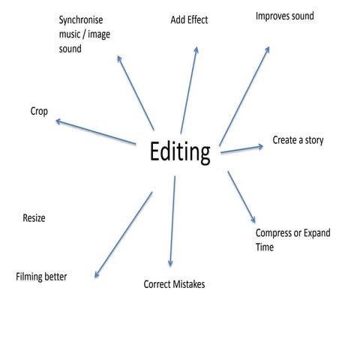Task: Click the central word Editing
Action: pyautogui.click(x=180, y=152)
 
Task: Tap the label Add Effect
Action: pyautogui.click(x=189, y=20)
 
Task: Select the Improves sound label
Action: pyautogui.click(x=285, y=16)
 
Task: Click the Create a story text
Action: pyautogui.click(x=298, y=140)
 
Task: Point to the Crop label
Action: pyautogui.click(x=39, y=112)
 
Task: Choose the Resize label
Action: pyautogui.click(x=34, y=218)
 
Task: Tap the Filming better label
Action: pyautogui.click(x=41, y=277)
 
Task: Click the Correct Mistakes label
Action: pyautogui.click(x=174, y=284)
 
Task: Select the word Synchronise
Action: pyautogui.click(x=81, y=20)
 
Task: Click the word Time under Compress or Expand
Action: pyautogui.click(x=265, y=247)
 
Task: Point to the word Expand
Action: pyautogui.click(x=317, y=233)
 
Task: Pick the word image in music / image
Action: pyautogui.click(x=99, y=34)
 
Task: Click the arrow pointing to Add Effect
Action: pyautogui.click(x=189, y=90)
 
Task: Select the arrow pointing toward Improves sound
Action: pyautogui.click(x=244, y=96)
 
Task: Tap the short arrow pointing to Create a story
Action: pyautogui.click(x=241, y=149)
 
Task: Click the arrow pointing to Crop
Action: pyautogui.click(x=95, y=132)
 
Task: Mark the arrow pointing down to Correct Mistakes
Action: pyautogui.click(x=172, y=221)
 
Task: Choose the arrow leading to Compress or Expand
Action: pyautogui.click(x=241, y=196)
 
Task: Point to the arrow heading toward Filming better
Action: pyautogui.click(x=123, y=235)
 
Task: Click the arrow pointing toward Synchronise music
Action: pyautogui.click(x=136, y=93)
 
